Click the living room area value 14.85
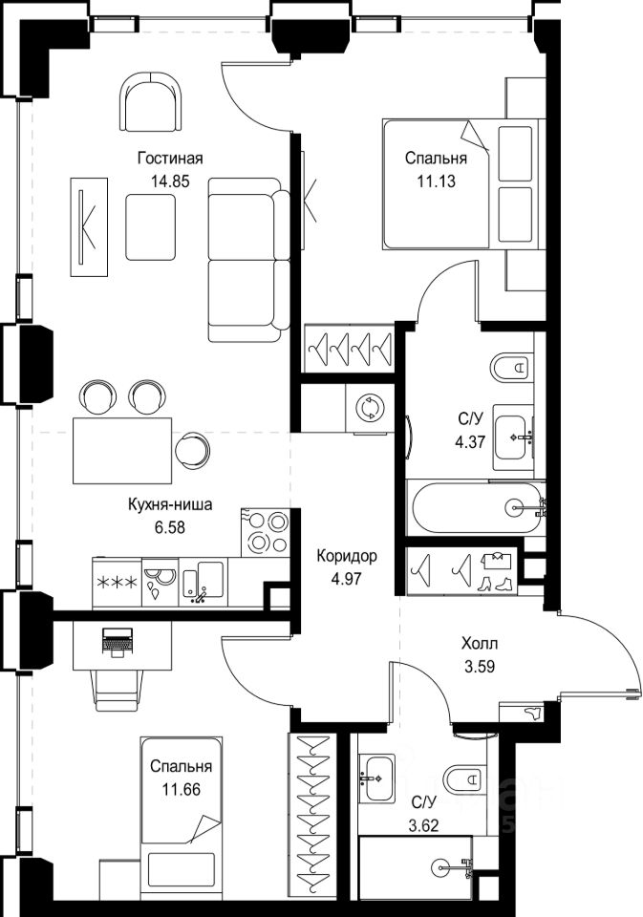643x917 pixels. pyautogui.click(x=170, y=181)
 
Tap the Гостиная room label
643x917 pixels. pyautogui.click(x=170, y=159)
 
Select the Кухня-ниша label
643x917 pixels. pyautogui.click(x=170, y=504)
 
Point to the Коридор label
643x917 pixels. pyautogui.click(x=347, y=556)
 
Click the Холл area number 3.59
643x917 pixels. pyautogui.click(x=480, y=666)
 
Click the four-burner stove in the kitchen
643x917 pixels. pyautogui.click(x=265, y=532)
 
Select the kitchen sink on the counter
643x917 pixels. pyautogui.click(x=203, y=581)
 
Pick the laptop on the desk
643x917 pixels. pyautogui.click(x=118, y=642)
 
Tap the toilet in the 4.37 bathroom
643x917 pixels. pyautogui.click(x=511, y=367)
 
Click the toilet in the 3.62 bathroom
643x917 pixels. pyautogui.click(x=465, y=778)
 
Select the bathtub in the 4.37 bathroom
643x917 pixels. pyautogui.click(x=476, y=507)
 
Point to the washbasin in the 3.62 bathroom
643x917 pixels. pyautogui.click(x=376, y=778)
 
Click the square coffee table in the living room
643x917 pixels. pyautogui.click(x=150, y=227)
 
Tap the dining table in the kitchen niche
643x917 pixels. pyautogui.click(x=123, y=450)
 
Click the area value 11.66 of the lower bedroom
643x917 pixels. pyautogui.click(x=182, y=790)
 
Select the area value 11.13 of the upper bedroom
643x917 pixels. pyautogui.click(x=436, y=181)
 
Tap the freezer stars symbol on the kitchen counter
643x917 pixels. pyautogui.click(x=117, y=583)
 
